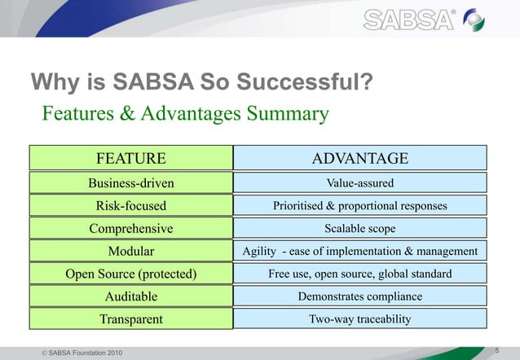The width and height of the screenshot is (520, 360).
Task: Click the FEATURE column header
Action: pos(131,158)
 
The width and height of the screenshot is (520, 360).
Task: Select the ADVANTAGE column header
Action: pos(360,158)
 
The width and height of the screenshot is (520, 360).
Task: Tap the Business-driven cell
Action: pos(131,182)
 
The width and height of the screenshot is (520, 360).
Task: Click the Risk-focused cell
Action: pos(131,205)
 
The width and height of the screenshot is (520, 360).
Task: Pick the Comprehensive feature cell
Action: pos(131,228)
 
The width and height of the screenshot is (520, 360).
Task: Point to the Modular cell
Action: pos(131,251)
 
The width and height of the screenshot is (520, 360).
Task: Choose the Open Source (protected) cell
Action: pos(131,274)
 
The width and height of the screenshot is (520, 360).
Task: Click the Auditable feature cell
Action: pos(131,296)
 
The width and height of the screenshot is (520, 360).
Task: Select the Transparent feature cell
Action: pos(131,319)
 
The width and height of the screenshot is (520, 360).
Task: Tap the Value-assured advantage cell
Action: pos(360,182)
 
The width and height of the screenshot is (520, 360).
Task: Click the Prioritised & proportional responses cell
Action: pos(360,205)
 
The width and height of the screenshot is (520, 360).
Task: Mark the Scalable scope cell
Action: pos(360,228)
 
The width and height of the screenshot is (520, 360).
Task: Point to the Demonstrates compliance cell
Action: pos(360,296)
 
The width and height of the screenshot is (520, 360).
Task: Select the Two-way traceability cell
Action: pos(360,319)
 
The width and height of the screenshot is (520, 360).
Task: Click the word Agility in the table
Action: pos(259,251)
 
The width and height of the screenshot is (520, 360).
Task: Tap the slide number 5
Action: pos(497,349)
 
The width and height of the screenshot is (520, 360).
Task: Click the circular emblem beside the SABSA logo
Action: pos(495,19)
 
